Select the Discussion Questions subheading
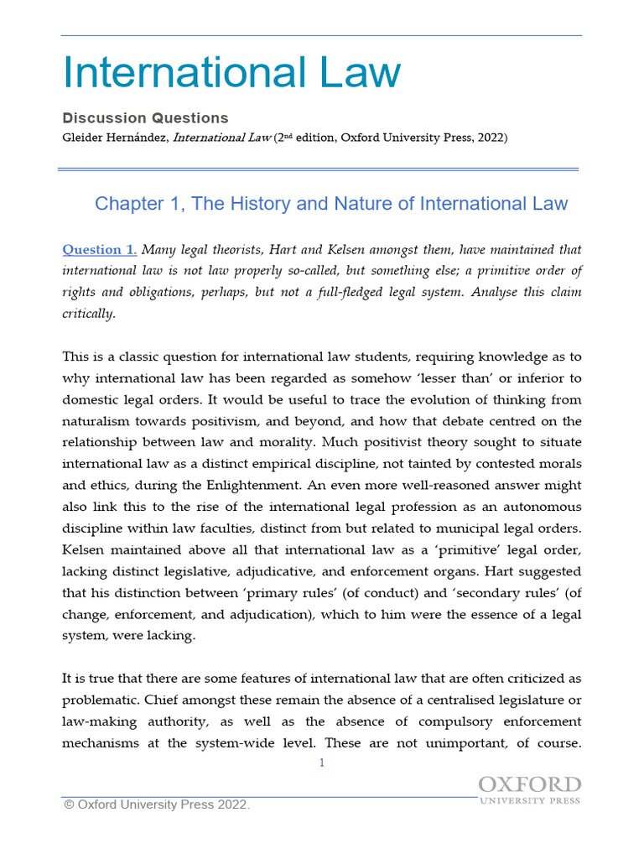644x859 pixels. [x=145, y=118]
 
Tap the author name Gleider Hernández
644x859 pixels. [x=116, y=138]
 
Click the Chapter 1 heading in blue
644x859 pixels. [x=331, y=204]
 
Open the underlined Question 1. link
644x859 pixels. [x=100, y=250]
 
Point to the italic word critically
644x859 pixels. [x=89, y=313]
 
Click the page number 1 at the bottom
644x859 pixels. [x=321, y=763]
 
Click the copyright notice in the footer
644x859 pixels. [x=157, y=804]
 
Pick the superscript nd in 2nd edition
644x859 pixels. [x=289, y=134]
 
